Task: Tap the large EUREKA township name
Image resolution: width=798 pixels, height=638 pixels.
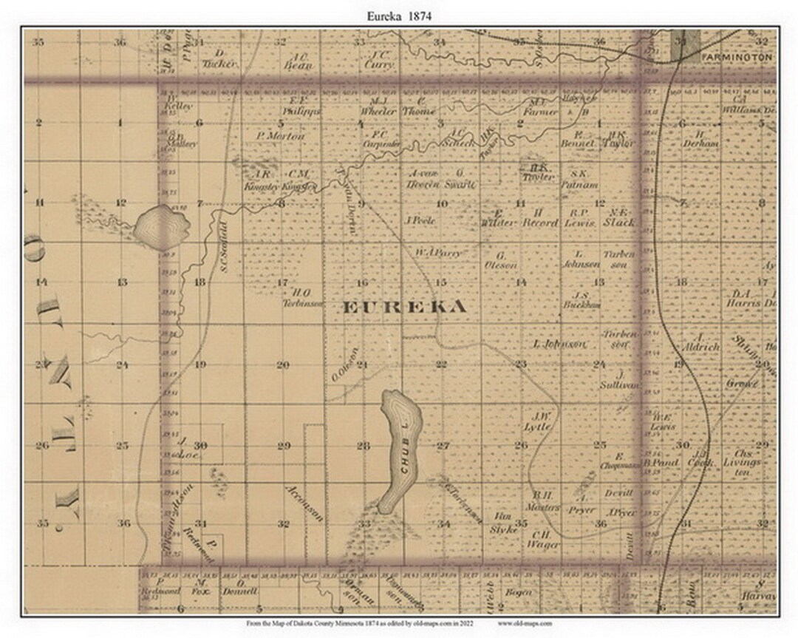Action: pos(404,307)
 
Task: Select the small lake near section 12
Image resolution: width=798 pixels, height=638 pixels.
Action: pos(155,224)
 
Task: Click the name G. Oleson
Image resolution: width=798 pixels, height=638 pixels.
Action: pos(501,259)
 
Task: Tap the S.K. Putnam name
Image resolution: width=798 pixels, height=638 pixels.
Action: pos(579,180)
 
